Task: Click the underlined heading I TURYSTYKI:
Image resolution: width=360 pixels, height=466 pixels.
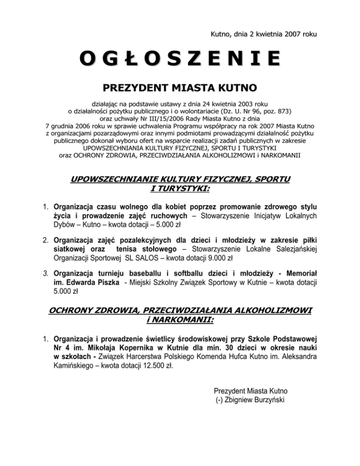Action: [180, 188]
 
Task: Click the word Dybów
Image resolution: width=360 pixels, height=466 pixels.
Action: [64, 225]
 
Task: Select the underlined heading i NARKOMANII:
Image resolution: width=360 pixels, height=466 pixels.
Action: [180, 320]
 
